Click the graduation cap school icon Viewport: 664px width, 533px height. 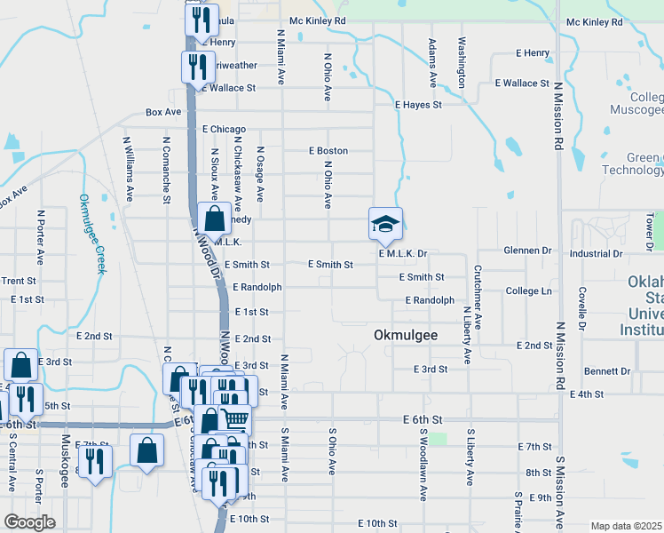coord(386,223)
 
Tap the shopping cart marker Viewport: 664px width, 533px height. coord(235,418)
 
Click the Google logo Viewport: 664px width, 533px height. coord(29,522)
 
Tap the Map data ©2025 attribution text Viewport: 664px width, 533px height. coord(626,526)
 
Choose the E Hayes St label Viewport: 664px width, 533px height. coord(418,105)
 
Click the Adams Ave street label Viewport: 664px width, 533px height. coord(433,62)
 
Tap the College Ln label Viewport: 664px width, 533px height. coord(528,291)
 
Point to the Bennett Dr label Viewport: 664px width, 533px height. coord(607,370)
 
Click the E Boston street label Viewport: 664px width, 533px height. coord(328,151)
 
